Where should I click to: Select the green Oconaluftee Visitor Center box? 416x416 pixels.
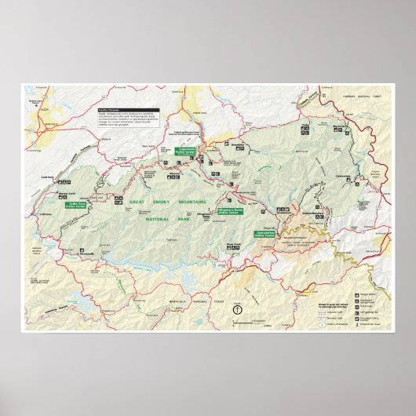pyautogui.click(x=266, y=233)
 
